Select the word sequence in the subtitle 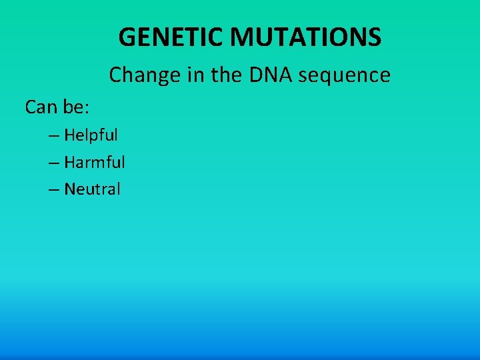(x=345, y=75)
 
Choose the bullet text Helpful (x=91, y=135)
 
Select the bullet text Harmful (x=94, y=162)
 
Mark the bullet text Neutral (x=92, y=189)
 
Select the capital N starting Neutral (x=70, y=189)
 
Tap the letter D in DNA (x=256, y=75)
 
